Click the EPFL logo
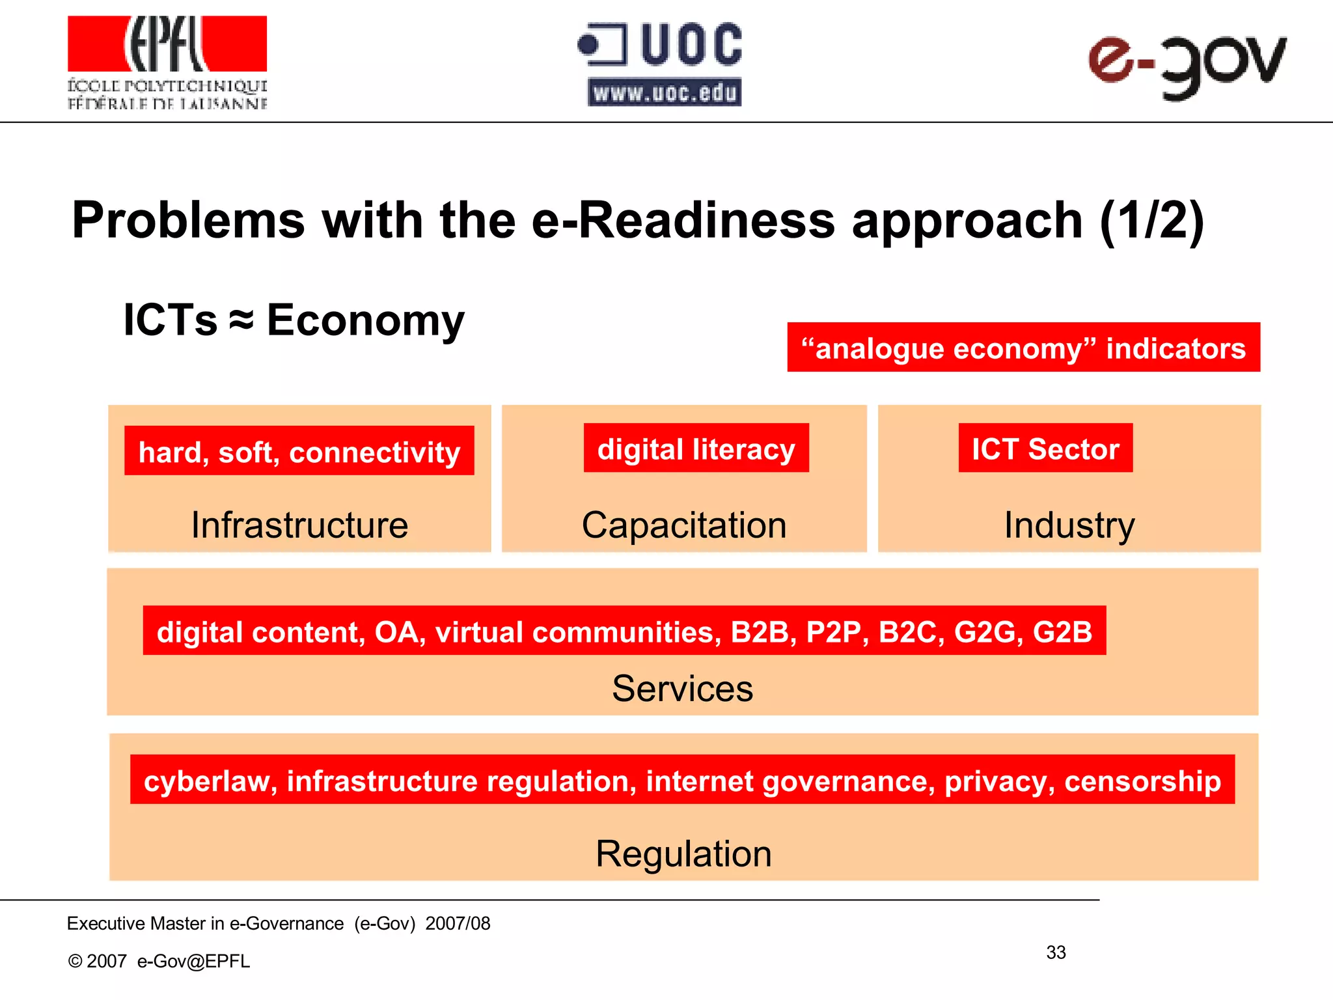167,62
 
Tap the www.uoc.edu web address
665,93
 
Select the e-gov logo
1187,65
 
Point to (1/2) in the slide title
1151,221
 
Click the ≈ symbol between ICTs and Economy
241,320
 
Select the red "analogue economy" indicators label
1023,348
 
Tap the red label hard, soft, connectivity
299,451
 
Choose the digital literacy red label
696,449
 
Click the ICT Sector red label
1045,449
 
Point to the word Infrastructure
299,525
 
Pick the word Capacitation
684,525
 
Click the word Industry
1069,525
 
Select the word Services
682,688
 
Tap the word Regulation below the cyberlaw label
683,854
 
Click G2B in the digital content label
1062,632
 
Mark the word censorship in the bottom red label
1142,781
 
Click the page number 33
1056,952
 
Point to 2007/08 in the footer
458,923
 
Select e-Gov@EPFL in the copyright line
193,961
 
